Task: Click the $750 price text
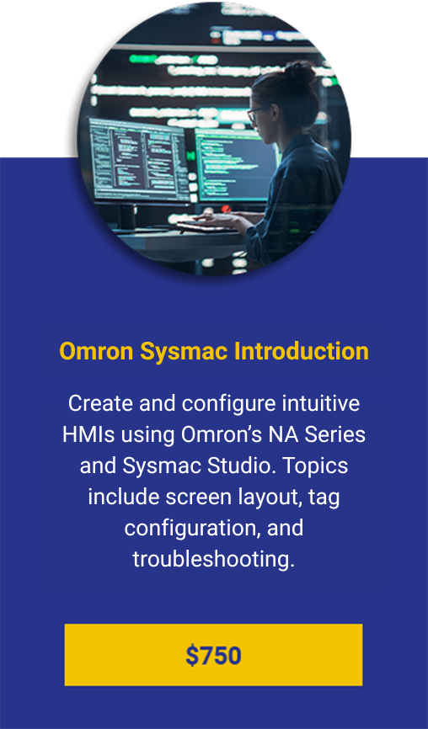[x=213, y=656]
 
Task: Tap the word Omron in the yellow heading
[x=96, y=352]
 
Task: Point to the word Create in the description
[x=100, y=403]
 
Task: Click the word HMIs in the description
[x=88, y=434]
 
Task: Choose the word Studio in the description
[x=239, y=466]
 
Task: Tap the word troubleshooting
[x=213, y=559]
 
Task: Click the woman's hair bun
[x=299, y=73]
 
